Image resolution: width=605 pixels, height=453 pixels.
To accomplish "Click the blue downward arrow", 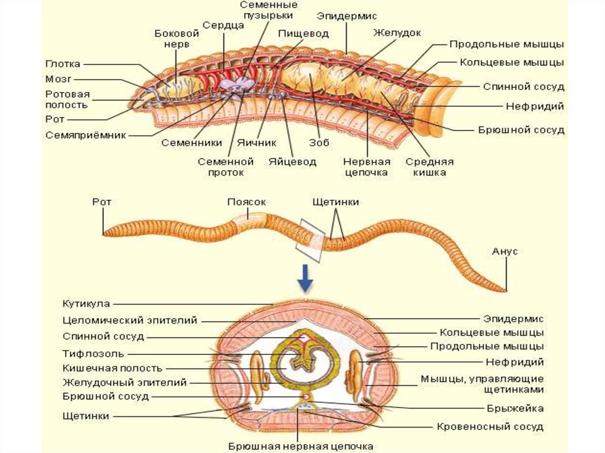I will click(x=305, y=278).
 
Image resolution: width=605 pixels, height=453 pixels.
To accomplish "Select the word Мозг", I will click(x=57, y=79).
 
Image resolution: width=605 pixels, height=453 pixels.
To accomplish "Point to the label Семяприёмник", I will click(x=86, y=135).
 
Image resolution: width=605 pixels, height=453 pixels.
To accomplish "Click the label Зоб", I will click(x=318, y=143).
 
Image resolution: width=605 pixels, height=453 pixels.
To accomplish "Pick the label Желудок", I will click(x=396, y=32).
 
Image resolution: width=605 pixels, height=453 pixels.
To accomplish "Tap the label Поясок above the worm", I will click(x=246, y=201).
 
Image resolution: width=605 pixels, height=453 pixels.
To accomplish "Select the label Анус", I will click(x=505, y=251).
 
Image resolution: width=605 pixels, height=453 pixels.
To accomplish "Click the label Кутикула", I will click(x=87, y=304).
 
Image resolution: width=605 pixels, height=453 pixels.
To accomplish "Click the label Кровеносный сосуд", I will click(x=490, y=426).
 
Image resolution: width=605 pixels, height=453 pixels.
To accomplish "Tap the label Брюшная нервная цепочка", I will click(x=301, y=446).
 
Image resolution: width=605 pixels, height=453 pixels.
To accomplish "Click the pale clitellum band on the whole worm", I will click(x=247, y=225).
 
